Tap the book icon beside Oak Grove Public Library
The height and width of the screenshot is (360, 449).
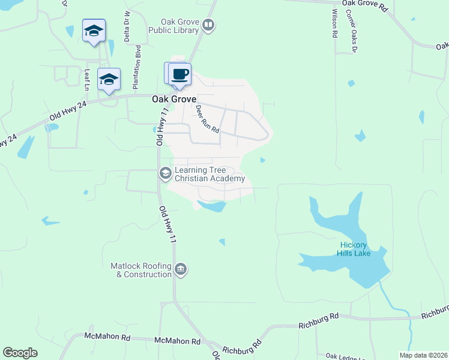(x=208, y=25)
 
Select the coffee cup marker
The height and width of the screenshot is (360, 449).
(x=179, y=74)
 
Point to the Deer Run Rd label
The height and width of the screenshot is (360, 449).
(x=208, y=119)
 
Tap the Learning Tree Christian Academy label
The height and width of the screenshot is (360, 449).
(x=209, y=174)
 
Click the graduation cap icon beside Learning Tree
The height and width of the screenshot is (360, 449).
(x=165, y=174)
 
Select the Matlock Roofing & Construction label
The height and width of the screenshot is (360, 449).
(x=141, y=270)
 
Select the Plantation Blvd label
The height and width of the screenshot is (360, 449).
(x=138, y=60)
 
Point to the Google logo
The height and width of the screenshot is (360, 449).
(x=20, y=353)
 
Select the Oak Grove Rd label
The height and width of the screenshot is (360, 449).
(x=366, y=4)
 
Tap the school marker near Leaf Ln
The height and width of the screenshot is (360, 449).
(x=109, y=80)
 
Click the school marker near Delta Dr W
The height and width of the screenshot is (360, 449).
(x=94, y=31)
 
